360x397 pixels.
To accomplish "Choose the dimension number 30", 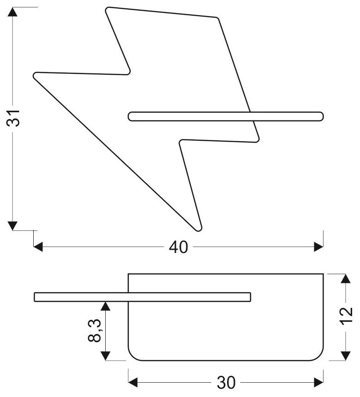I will [226, 382].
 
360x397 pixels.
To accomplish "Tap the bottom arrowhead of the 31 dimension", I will [13, 225].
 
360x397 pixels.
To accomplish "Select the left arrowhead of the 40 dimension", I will [38, 247].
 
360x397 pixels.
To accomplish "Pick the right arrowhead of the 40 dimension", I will [318, 247].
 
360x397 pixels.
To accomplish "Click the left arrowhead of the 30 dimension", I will [133, 382].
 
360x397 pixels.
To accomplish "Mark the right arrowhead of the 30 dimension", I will [318, 382].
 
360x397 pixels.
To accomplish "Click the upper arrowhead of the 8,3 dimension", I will [106, 306].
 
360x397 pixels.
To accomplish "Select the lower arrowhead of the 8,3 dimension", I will [106, 355].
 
